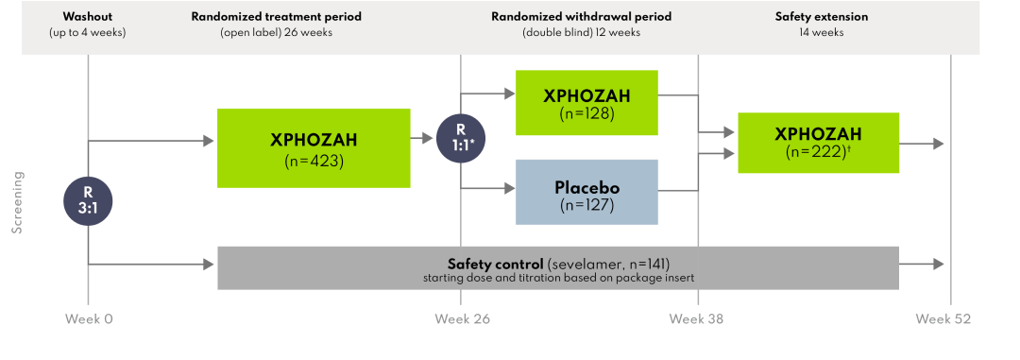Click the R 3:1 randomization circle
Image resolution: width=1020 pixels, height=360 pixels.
pos(88,199)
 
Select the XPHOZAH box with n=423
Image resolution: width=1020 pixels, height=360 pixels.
pos(314,147)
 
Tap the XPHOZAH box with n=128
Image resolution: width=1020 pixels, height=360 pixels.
pos(586,102)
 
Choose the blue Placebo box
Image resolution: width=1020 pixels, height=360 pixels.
pos(586,192)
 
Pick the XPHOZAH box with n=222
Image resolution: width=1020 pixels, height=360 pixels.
pos(818,143)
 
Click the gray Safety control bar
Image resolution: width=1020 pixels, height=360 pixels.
pos(557,267)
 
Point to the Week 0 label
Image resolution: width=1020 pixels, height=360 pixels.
pos(89,319)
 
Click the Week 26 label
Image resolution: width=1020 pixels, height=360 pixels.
pos(462,319)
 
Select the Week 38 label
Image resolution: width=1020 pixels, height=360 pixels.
pos(696,319)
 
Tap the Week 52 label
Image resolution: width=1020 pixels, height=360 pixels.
pos(943,319)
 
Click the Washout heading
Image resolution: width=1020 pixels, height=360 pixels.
pos(87,17)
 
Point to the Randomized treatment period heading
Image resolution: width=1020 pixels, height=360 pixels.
pos(276,17)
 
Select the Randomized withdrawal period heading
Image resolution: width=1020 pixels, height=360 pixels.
pos(580,17)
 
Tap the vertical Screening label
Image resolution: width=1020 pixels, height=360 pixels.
pos(17,202)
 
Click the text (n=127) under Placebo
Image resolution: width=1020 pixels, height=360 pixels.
pos(586,203)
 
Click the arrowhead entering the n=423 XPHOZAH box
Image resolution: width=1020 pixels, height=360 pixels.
pos(210,142)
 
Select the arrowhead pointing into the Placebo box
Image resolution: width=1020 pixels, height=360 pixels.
pos(508,188)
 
